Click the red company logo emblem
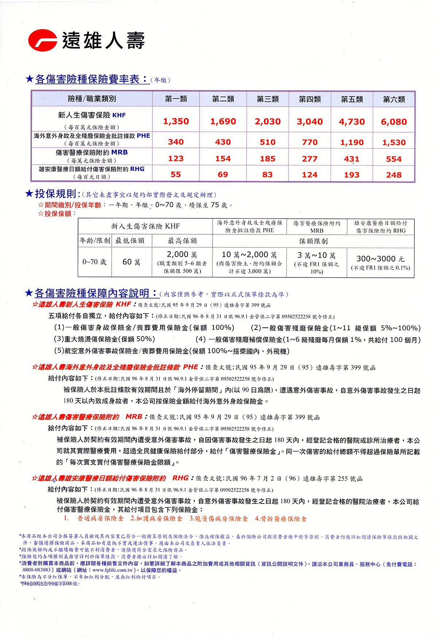pyautogui.click(x=43, y=40)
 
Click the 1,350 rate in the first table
pyautogui.click(x=176, y=121)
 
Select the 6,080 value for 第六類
pyautogui.click(x=394, y=122)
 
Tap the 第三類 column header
pyautogui.click(x=267, y=99)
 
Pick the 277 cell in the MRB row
pyautogui.click(x=309, y=159)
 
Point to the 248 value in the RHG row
pyautogui.click(x=394, y=175)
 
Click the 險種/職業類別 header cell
pyautogui.click(x=92, y=99)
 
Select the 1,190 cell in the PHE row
pyautogui.click(x=352, y=143)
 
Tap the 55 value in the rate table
pyautogui.click(x=176, y=175)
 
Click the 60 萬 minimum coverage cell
pyautogui.click(x=131, y=262)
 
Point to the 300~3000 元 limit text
pyautogui.click(x=380, y=259)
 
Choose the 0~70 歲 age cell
pyautogui.click(x=94, y=262)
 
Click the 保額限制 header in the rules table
pyautogui.click(x=313, y=241)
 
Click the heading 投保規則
pyautogui.click(x=55, y=194)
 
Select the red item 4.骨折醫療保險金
pyautogui.click(x=281, y=518)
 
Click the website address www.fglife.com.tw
pyautogui.click(x=114, y=570)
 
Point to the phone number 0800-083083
pyautogui.click(x=36, y=570)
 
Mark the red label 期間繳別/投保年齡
pyautogui.click(x=73, y=205)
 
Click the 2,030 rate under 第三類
pyautogui.click(x=267, y=122)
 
